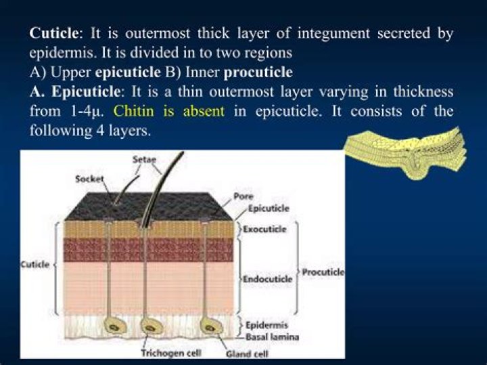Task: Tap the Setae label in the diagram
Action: [139, 160]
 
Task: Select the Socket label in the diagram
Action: [89, 179]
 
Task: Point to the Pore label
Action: [243, 196]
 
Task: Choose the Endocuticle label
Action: [267, 278]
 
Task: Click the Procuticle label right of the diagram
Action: [323, 272]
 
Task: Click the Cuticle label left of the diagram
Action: [35, 264]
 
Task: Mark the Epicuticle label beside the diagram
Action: [269, 209]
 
